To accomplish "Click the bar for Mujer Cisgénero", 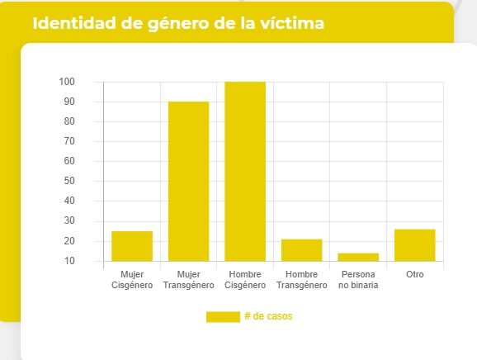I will [x=132, y=246].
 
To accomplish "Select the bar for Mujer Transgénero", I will [x=188, y=182].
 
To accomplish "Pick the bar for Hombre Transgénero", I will [x=301, y=250].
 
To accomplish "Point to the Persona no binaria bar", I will [x=358, y=257].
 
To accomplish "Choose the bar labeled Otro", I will [x=414, y=245].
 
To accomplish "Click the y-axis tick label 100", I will [x=67, y=82].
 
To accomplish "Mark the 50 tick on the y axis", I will [x=69, y=182].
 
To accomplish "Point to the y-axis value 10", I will [x=69, y=261].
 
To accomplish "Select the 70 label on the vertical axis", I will [x=69, y=142].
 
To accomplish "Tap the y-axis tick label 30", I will [x=69, y=221].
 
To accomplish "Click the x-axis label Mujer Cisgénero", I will [x=132, y=279].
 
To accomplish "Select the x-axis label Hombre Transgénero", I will [x=301, y=279].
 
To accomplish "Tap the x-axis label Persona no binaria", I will [x=358, y=279].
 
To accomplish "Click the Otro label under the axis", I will [x=414, y=274].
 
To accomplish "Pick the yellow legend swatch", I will [x=222, y=317].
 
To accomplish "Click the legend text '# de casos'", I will [x=268, y=317].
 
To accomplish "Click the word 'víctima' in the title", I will [x=292, y=23].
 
